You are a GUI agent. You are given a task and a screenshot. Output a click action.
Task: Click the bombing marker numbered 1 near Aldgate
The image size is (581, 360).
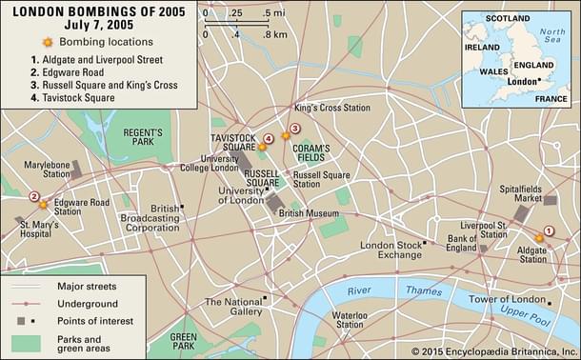coord(539,236)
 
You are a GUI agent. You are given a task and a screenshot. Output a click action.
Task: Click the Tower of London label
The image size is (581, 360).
coord(508,299)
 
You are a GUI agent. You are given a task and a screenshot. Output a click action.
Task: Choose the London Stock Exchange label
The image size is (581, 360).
coord(391,250)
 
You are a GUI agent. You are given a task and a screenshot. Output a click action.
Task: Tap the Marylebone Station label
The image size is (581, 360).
coord(47,169)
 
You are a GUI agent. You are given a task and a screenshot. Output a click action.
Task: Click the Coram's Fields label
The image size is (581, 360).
coord(311,153)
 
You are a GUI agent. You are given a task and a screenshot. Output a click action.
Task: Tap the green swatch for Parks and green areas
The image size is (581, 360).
coord(28,344)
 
